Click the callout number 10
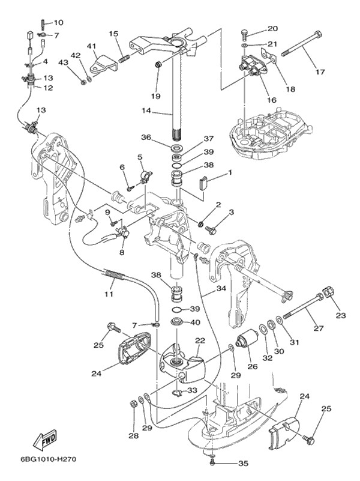pyautogui.click(x=58, y=22)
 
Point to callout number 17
pyautogui.click(x=320, y=72)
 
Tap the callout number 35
pyautogui.click(x=242, y=464)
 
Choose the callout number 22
pyautogui.click(x=200, y=340)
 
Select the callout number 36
pyautogui.click(x=145, y=137)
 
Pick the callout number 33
pyautogui.click(x=191, y=390)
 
